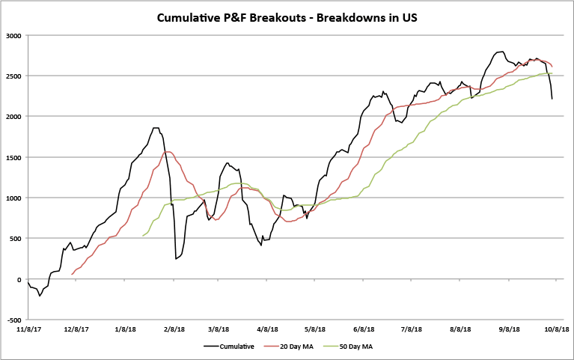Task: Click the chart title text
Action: point(287,16)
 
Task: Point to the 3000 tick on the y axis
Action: point(13,35)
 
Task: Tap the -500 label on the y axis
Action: point(13,320)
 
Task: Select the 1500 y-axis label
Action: point(13,157)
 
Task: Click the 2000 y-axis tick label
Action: point(13,116)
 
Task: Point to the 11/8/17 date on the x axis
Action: point(28,329)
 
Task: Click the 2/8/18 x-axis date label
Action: point(174,329)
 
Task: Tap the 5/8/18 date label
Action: point(316,329)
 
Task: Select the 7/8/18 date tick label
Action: point(412,329)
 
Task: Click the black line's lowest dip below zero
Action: point(40,296)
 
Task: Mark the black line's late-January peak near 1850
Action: point(156,128)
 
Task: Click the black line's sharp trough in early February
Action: point(176,259)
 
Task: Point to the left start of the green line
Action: point(142,237)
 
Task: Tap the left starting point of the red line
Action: point(72,275)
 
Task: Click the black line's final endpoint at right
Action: point(552,99)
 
